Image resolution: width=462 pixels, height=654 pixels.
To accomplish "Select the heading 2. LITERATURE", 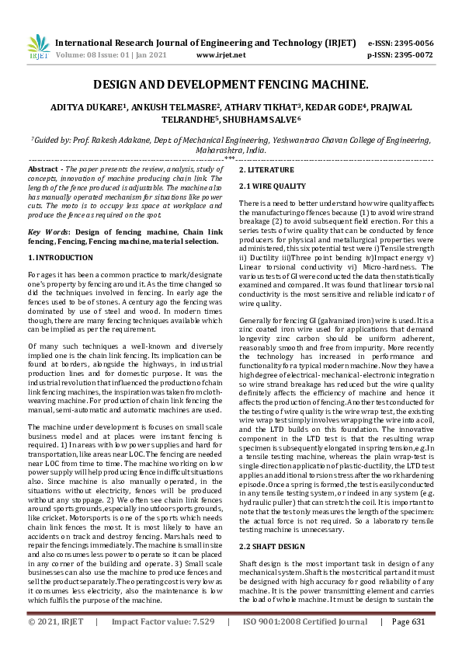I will tap(266, 169).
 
